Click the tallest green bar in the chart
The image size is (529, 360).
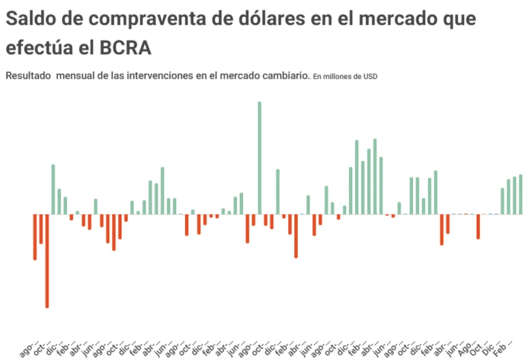(x=259, y=157)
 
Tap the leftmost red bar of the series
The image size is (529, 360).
(x=35, y=237)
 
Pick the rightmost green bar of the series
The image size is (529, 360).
(x=520, y=195)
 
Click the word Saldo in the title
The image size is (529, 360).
(x=29, y=19)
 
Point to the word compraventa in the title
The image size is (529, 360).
(x=123, y=19)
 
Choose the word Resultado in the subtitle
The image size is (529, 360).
(x=28, y=76)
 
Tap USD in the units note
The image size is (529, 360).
(x=369, y=77)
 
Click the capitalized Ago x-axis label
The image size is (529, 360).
(x=465, y=345)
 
